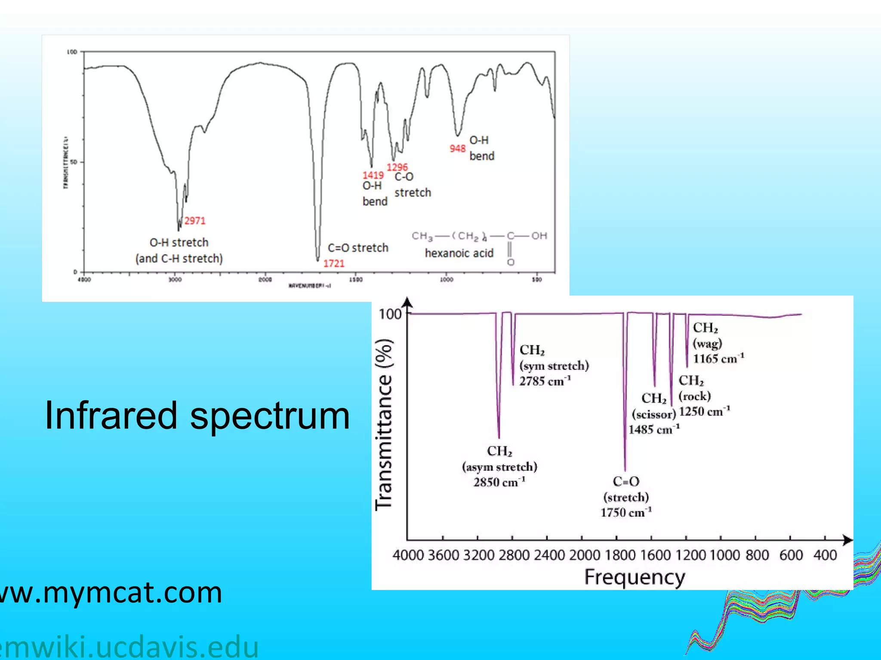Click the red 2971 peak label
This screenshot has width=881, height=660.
point(195,221)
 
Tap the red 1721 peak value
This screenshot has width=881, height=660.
point(334,263)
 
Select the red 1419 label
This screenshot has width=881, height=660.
point(373,175)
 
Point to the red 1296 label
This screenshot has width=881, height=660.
point(397,167)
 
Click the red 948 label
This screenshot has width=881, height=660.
point(457,149)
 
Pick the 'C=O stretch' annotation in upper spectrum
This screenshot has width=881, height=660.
point(358,248)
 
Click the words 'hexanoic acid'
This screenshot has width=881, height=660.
point(459,253)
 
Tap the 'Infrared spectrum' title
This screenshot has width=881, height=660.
point(197,416)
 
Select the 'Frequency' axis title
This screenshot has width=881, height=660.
point(635,577)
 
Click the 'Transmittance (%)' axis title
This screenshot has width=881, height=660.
point(383,425)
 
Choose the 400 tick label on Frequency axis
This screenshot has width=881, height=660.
point(825,555)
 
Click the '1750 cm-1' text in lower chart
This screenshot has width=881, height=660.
point(626,513)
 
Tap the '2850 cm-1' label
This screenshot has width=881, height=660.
point(499,483)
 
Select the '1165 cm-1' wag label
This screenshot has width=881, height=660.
point(718,359)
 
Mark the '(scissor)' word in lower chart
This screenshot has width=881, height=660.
point(654,414)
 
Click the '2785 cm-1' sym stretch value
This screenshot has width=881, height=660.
point(545,381)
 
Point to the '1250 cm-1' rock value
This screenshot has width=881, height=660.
point(704,412)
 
